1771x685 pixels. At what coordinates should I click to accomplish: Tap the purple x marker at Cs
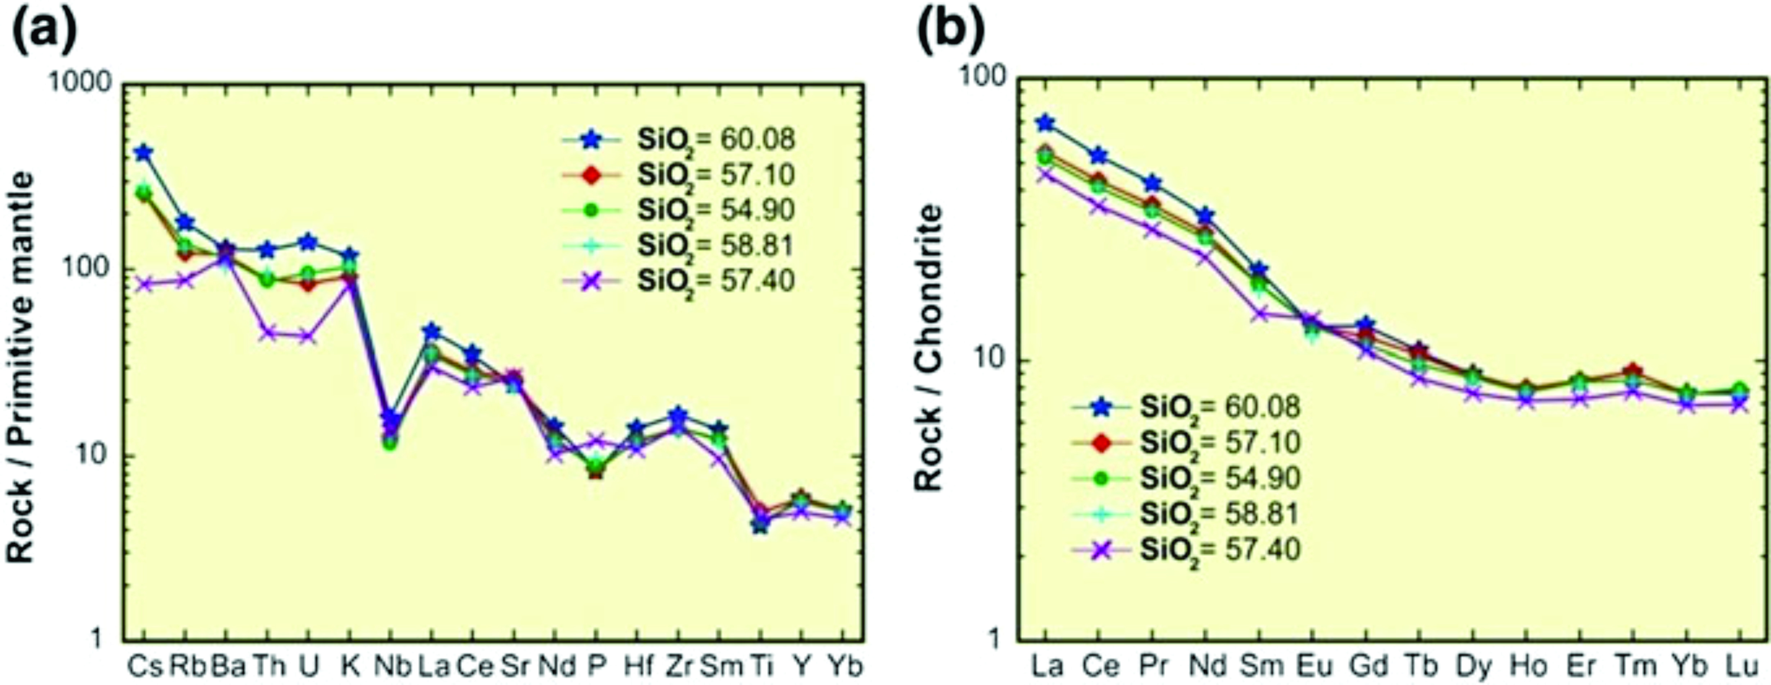pos(144,284)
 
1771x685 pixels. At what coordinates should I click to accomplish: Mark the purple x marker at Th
pos(268,334)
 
